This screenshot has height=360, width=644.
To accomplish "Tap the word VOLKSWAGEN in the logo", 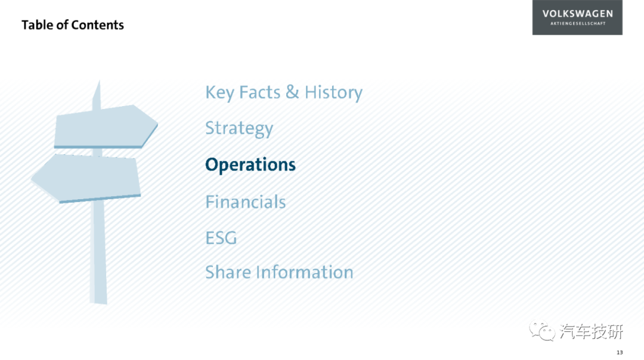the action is coord(577,14).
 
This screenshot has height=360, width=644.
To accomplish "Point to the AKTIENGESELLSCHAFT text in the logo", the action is coord(578,23).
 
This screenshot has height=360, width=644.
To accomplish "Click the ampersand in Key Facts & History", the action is coord(292,92).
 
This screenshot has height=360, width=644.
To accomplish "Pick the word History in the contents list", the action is coord(333,93).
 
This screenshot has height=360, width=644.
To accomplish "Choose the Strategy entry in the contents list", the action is coord(239,129).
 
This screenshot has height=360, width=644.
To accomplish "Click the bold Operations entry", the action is coord(250,165).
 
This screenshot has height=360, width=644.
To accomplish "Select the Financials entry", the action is coord(246,202).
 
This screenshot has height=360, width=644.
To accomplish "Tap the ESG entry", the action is coord(221,238).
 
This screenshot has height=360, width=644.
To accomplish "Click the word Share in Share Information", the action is coord(228,272).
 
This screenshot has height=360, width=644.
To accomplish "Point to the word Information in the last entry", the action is coord(304,272).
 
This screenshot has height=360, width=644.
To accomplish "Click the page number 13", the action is coord(620,353).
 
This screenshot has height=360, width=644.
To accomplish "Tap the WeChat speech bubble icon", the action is coord(541,331).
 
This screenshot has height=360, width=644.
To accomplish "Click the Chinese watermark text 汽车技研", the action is coord(592,331).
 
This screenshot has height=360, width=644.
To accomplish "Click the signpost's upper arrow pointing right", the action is coord(106,126).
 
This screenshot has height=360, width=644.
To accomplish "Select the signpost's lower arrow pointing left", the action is coord(86,178).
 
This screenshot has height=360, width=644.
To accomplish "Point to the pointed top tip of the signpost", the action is coord(99,81).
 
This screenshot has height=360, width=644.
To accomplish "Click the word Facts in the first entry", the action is coord(259,92).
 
